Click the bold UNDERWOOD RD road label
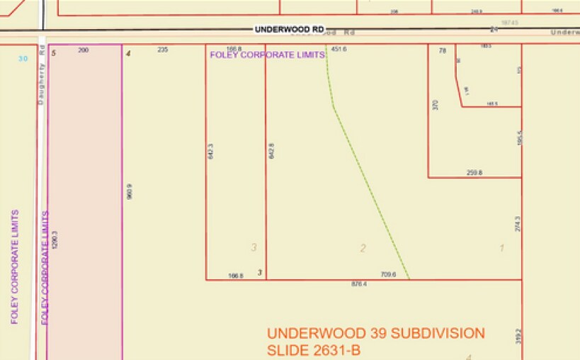click(x=289, y=29)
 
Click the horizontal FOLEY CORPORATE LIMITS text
click(x=267, y=55)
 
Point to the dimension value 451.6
click(x=339, y=50)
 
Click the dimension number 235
click(x=163, y=50)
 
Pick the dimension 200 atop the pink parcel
click(x=84, y=50)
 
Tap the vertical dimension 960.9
click(x=130, y=191)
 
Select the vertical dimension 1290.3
click(x=55, y=239)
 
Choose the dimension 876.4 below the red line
click(x=360, y=284)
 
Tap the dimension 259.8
click(x=474, y=172)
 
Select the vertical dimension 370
click(x=436, y=104)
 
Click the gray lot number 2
click(x=363, y=248)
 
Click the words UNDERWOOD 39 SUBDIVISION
click(x=376, y=333)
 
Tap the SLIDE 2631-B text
click(x=314, y=350)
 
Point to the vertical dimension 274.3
click(x=518, y=224)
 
